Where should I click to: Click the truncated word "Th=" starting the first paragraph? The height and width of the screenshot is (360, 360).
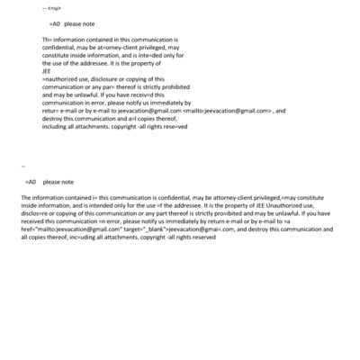click(47, 40)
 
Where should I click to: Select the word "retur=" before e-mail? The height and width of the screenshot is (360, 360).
click(51, 112)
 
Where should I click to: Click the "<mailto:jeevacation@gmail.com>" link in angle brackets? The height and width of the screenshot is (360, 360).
click(228, 112)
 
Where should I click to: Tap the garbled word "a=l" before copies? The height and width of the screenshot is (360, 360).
click(132, 120)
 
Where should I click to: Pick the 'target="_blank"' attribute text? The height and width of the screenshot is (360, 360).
click(143, 229)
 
